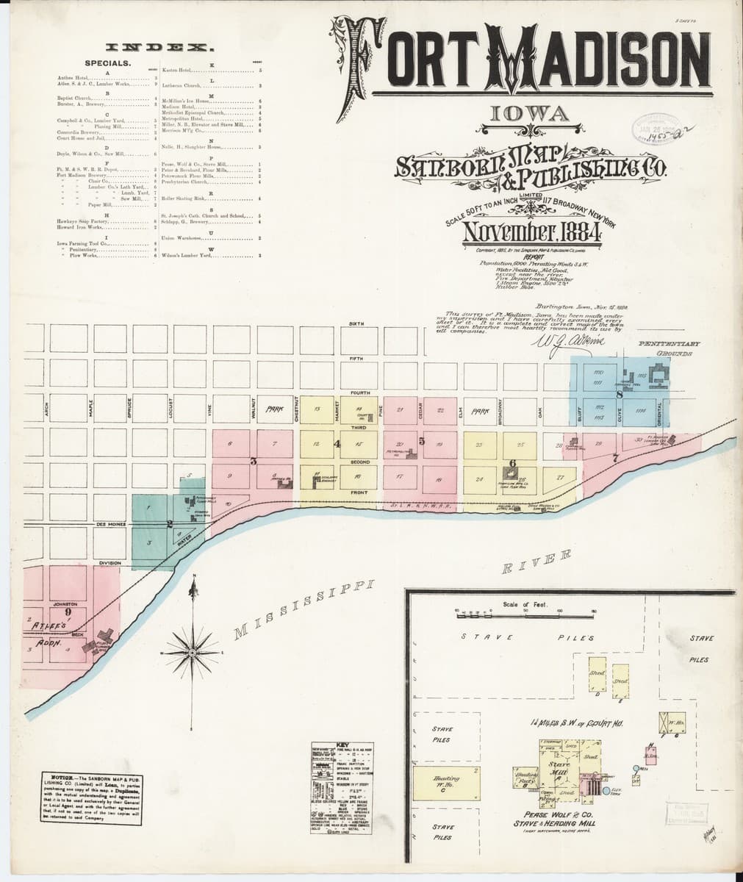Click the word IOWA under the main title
click(524, 115)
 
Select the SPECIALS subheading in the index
click(108, 63)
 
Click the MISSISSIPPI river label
click(304, 609)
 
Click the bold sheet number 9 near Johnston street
click(68, 610)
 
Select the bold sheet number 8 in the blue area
click(620, 395)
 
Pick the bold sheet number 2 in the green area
click(170, 524)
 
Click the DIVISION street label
click(110, 563)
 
